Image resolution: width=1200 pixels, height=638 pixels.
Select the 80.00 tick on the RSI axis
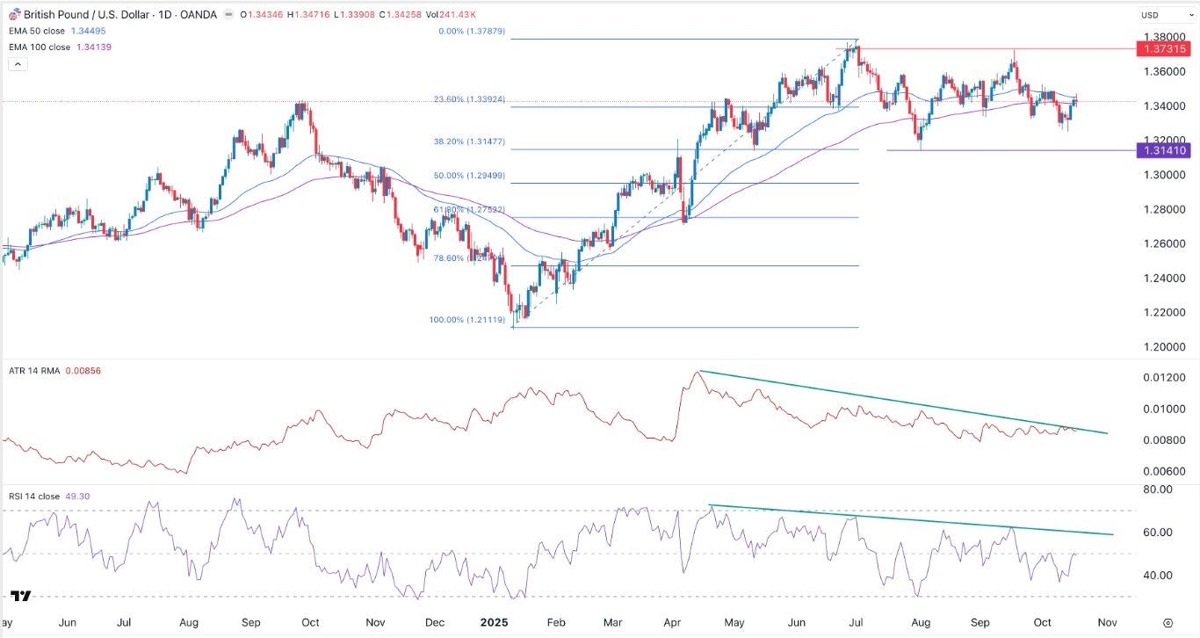pos(1159,489)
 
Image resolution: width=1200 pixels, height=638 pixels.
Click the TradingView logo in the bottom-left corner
pos(21,597)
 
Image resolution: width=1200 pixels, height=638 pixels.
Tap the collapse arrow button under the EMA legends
pos(17,64)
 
